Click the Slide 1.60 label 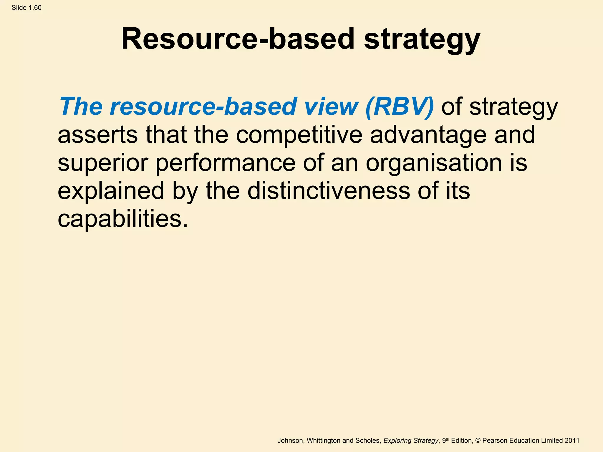tap(26, 8)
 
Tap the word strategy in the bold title tap(422, 40)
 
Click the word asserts tap(97, 134)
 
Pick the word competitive tap(299, 135)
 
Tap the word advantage tap(428, 135)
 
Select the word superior tap(103, 163)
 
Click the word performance tap(225, 163)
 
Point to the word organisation tap(434, 163)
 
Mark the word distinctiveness tap(329, 191)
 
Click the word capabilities tap(122, 219)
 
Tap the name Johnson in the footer tap(290, 441)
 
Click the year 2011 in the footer tap(572, 441)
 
